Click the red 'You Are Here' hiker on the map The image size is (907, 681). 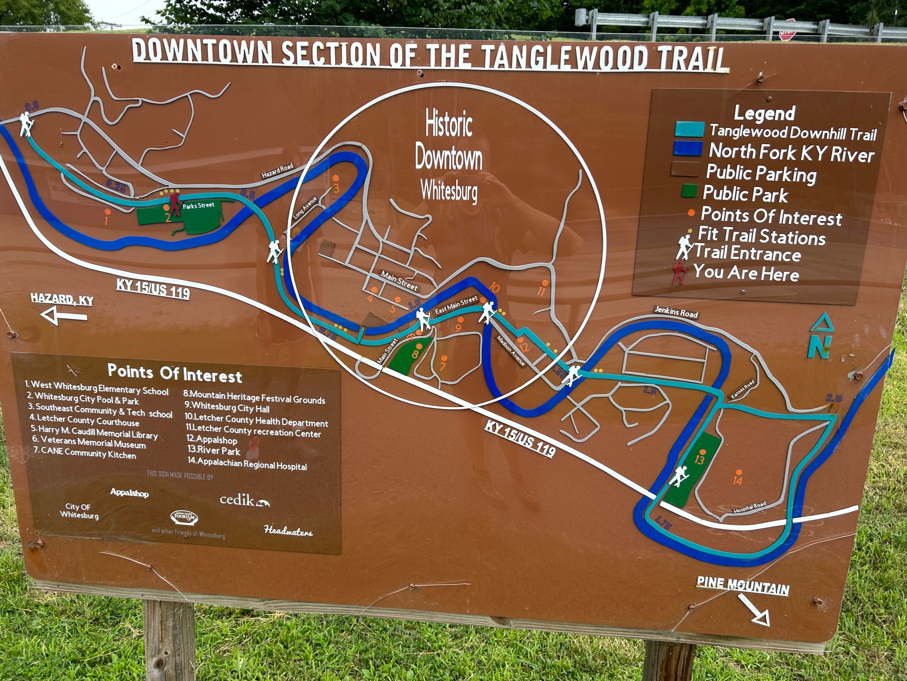[174, 203]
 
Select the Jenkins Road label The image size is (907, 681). [676, 312]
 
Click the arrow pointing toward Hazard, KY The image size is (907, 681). [63, 316]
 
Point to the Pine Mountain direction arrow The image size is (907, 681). [754, 610]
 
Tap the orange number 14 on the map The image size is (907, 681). [737, 480]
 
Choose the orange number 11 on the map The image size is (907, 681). [541, 291]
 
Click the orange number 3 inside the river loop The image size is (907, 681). [336, 188]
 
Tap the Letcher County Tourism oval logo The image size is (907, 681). [184, 517]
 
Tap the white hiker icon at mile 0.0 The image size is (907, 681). [26, 124]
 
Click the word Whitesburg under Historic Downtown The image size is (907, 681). [449, 191]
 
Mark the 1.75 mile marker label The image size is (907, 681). [663, 523]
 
